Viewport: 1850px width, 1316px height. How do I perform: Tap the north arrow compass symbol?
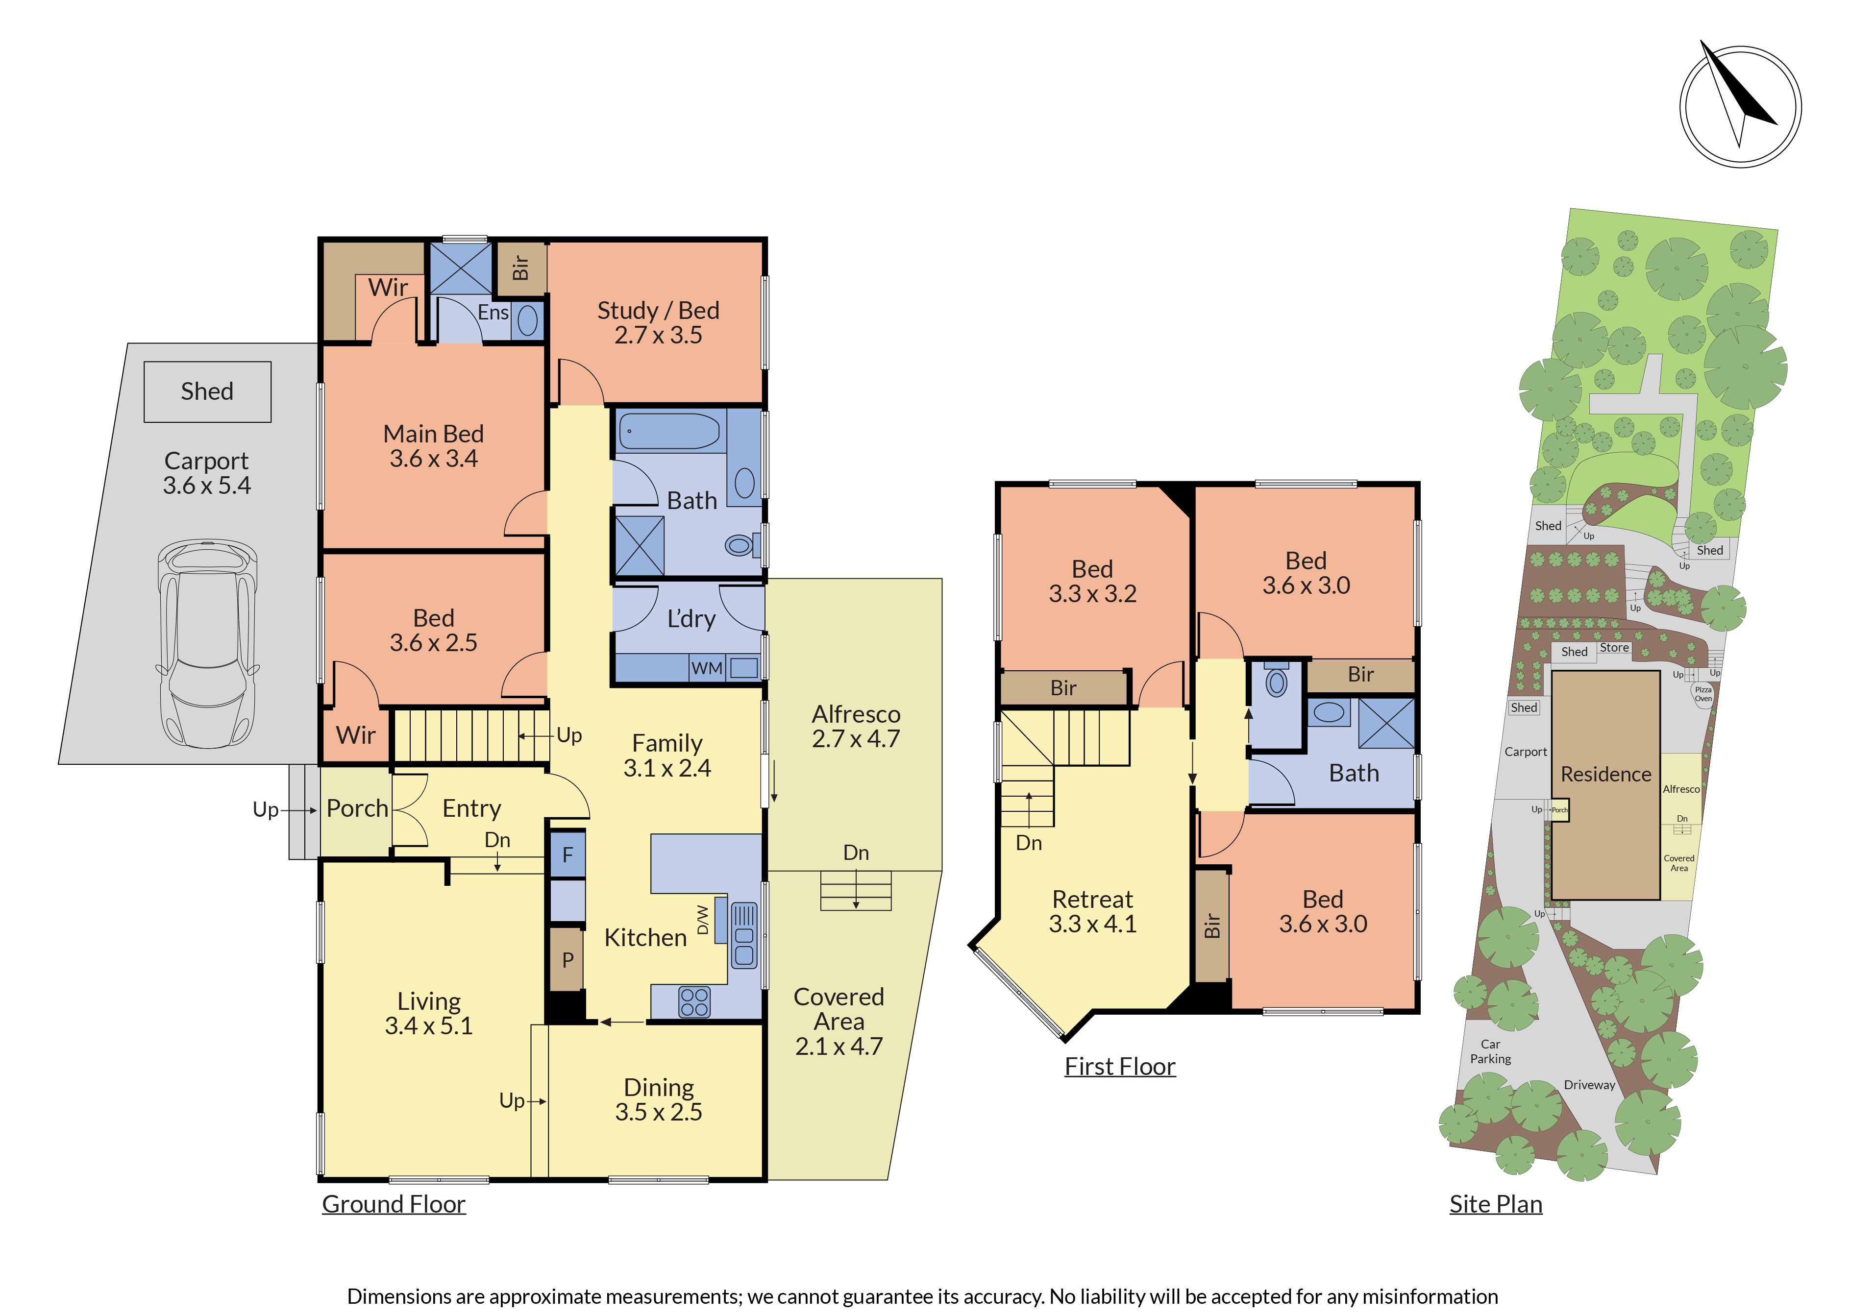[x=1740, y=106]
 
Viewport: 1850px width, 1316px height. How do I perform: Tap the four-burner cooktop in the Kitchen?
[x=693, y=1001]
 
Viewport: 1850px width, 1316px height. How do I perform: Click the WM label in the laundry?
[x=707, y=669]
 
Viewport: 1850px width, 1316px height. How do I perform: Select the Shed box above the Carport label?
[x=207, y=391]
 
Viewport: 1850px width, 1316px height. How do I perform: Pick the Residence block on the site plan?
[x=1605, y=784]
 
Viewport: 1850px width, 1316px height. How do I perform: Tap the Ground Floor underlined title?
[x=394, y=1204]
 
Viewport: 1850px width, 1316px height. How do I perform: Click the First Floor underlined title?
[x=1120, y=1067]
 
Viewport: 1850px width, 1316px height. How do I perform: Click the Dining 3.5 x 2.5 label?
[x=658, y=1099]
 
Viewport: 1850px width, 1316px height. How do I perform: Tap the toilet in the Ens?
[x=527, y=320]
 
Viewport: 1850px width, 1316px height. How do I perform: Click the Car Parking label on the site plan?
[x=1490, y=1051]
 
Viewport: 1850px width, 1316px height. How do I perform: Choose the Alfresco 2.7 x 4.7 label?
[x=856, y=726]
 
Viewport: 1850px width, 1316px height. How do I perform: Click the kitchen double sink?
[x=744, y=936]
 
